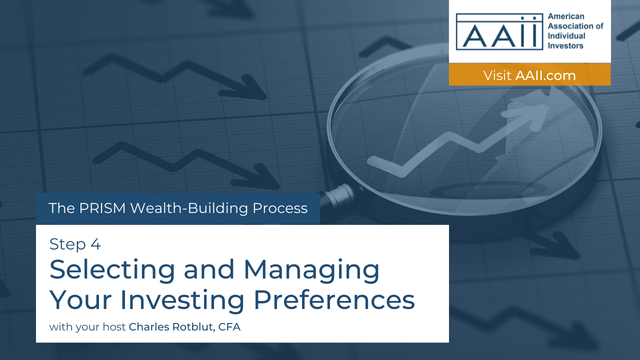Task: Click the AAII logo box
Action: [x=499, y=31]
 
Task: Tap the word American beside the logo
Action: [x=565, y=16]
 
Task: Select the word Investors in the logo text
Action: [x=565, y=45]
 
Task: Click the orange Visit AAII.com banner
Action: [x=529, y=74]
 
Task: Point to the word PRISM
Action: [x=102, y=208]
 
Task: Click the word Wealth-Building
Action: [x=189, y=208]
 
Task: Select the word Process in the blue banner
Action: [x=280, y=208]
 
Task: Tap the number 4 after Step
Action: [x=95, y=244]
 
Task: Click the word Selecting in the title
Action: [x=112, y=270]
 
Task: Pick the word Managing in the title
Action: [x=311, y=270]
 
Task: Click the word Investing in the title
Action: [x=182, y=300]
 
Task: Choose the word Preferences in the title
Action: [x=334, y=299]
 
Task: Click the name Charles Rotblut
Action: [x=171, y=327]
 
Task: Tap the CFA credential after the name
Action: [x=229, y=327]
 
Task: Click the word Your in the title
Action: [x=80, y=299]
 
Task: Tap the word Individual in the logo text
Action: [x=566, y=36]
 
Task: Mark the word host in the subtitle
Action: [x=114, y=327]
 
